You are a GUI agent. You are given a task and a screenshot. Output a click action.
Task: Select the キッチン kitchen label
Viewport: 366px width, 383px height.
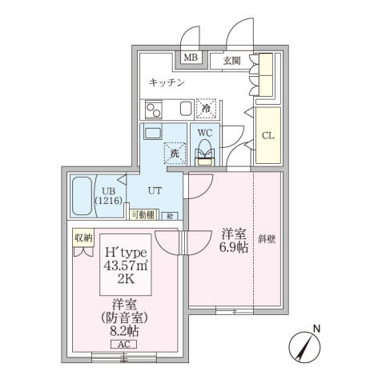point(167,82)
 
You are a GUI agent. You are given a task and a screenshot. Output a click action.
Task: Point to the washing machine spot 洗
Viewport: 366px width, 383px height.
point(174,153)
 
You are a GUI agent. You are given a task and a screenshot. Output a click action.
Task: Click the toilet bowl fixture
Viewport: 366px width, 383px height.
point(205,150)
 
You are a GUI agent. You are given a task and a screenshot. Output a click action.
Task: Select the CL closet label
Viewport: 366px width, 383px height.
point(268,135)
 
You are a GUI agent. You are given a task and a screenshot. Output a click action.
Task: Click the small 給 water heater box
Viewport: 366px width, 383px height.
point(171,215)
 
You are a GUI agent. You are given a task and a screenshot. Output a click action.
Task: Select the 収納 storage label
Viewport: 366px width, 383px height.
point(84,237)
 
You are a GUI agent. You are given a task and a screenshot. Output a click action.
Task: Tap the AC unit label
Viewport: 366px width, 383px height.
point(123,344)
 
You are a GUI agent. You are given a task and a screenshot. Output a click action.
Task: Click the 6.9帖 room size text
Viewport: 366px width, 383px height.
point(233,248)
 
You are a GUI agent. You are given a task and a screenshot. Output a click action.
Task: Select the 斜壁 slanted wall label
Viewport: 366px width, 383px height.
point(267,237)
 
